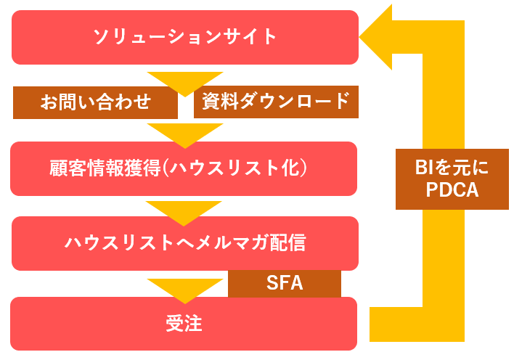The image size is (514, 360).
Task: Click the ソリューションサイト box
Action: [x=185, y=37]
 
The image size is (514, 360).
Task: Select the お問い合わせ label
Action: [x=95, y=102]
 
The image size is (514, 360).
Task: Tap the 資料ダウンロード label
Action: [x=276, y=102]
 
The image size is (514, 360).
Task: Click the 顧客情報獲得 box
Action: [x=184, y=168]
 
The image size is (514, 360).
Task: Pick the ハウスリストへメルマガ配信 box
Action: [x=185, y=243]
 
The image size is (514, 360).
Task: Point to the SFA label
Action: [x=285, y=283]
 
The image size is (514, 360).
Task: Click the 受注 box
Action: [x=184, y=324]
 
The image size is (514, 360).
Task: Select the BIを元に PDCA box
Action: [x=452, y=179]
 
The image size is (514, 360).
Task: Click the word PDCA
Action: [x=452, y=190]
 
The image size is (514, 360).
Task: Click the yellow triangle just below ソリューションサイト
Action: [x=185, y=84]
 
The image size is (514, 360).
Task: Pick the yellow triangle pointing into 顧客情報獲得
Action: [x=185, y=136]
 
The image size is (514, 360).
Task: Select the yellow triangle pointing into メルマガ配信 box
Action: [x=184, y=213]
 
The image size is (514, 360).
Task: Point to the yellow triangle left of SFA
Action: [x=185, y=291]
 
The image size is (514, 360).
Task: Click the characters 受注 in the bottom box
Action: [x=184, y=323]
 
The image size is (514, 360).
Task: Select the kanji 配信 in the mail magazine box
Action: [x=287, y=243]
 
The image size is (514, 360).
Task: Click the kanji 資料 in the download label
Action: [x=220, y=102]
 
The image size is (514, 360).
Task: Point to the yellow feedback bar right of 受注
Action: [x=417, y=324]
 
